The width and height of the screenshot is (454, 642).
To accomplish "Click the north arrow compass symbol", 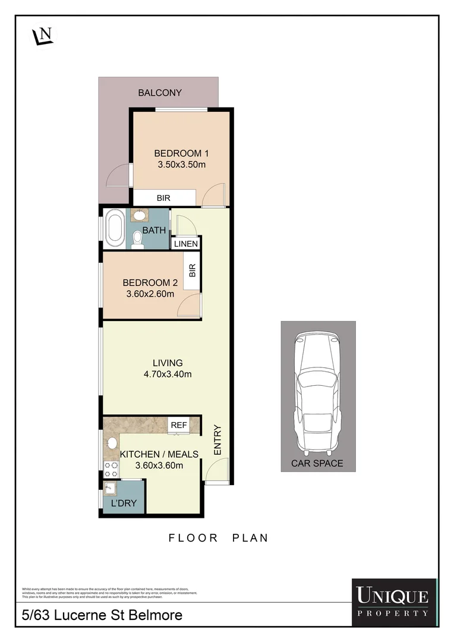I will coord(42,35).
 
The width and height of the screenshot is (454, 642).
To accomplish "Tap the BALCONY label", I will coord(159,93).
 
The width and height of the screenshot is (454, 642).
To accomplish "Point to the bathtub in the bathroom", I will coord(114,229).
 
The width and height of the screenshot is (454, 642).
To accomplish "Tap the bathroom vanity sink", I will coord(140,215).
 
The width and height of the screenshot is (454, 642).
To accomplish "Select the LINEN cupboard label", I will coord(185,244).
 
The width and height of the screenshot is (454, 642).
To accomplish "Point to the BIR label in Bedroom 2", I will coord(192,271).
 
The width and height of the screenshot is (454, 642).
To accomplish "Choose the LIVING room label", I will coord(167,363).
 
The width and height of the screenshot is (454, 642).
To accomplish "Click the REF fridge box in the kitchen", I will coord(179,425).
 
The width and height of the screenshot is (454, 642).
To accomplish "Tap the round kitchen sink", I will coord(111,443).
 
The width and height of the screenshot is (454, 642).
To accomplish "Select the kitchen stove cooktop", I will coord(111,470).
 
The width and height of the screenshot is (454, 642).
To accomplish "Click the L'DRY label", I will coord(124,503).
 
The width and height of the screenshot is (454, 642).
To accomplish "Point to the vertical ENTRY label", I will coord(217,440).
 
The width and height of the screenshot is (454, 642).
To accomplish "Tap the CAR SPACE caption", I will coord(318,464).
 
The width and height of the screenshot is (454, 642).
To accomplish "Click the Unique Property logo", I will coord(392,602).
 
